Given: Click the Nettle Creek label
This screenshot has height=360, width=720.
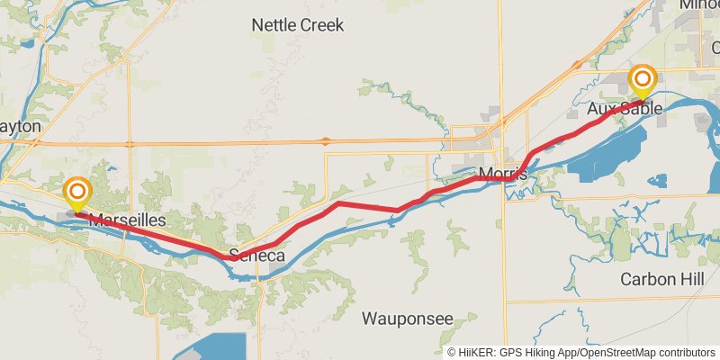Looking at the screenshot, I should pyautogui.click(x=298, y=25).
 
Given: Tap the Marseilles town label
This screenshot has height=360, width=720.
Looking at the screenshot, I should pyautogui.click(x=128, y=220).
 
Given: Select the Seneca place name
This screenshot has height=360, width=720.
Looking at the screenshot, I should pyautogui.click(x=257, y=256).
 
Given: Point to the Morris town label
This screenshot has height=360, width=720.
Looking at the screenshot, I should pyautogui.click(x=503, y=173).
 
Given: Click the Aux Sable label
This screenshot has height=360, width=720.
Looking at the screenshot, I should pyautogui.click(x=625, y=109).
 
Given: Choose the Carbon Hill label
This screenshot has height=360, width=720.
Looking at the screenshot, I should pyautogui.click(x=662, y=279).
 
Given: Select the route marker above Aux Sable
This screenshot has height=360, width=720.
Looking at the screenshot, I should pyautogui.click(x=643, y=79).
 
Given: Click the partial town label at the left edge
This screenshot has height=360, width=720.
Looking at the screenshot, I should pyautogui.click(x=20, y=127).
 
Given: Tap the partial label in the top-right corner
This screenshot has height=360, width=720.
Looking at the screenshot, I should pyautogui.click(x=701, y=4).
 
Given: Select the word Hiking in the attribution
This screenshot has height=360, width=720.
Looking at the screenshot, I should pyautogui.click(x=540, y=353).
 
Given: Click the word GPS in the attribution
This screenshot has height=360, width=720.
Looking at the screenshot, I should pyautogui.click(x=510, y=353).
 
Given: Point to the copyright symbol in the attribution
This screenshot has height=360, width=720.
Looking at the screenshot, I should pyautogui.click(x=452, y=353).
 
